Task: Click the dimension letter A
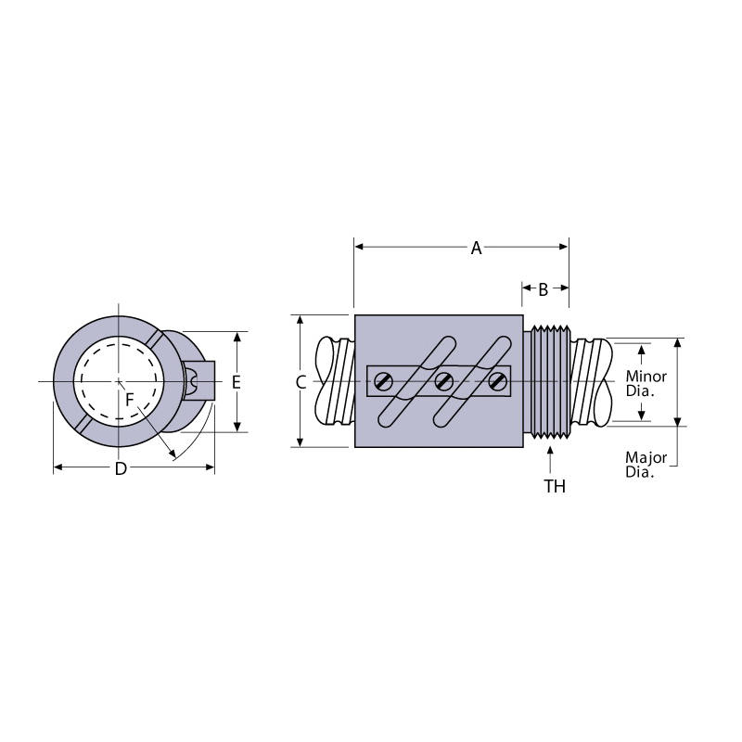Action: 476,248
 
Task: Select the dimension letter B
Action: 544,289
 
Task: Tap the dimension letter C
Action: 301,382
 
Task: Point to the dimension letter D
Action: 122,468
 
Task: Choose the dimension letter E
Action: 237,382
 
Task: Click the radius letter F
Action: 129,400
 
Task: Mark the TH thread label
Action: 555,486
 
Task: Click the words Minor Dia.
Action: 646,384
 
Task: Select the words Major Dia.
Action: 646,465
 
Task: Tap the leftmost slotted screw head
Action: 383,381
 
